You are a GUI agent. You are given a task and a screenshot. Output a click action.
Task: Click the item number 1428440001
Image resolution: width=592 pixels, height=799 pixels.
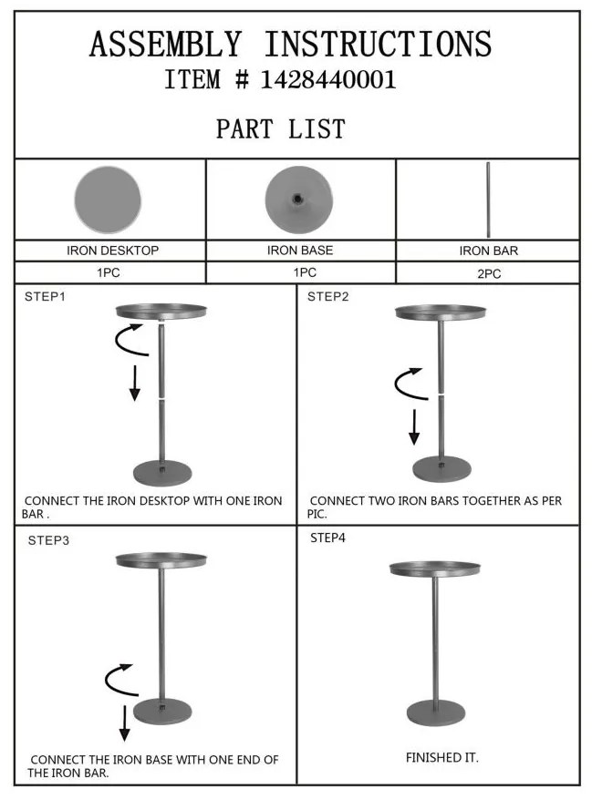pos(328,80)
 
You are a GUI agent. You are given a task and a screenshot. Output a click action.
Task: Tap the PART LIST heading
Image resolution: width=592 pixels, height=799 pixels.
pos(281,128)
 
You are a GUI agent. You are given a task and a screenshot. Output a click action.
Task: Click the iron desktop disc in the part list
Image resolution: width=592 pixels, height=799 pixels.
pos(108,200)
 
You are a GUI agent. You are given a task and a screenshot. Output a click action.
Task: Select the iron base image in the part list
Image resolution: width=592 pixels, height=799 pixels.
pos(299,200)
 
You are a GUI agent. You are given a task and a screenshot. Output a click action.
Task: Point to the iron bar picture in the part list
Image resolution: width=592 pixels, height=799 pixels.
pos(488,200)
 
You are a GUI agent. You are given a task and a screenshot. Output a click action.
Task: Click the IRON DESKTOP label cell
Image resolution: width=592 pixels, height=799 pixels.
pos(110,251)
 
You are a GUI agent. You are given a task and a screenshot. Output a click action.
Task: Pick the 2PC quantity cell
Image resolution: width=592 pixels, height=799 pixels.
pos(488,273)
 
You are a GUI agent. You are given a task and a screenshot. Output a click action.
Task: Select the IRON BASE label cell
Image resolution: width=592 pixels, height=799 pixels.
pos(301,251)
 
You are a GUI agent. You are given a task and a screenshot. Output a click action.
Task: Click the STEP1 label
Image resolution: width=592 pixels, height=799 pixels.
pos(45,297)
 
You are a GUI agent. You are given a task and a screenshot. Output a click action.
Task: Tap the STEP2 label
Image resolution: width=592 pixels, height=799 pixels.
pos(327,297)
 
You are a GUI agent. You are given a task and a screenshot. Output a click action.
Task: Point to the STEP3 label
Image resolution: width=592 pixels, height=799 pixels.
pos(48,540)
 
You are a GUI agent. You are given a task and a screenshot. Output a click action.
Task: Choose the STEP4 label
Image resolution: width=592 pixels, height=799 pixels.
pos(327,538)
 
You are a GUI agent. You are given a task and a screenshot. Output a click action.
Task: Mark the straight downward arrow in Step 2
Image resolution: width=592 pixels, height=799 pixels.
pos(414,427)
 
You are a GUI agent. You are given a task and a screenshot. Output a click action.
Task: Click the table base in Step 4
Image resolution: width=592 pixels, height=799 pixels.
pos(436,712)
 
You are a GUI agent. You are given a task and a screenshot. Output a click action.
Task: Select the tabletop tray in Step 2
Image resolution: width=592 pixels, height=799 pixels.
pos(441,312)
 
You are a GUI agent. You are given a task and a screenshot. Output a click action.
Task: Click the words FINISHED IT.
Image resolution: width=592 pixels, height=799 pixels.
pos(442,758)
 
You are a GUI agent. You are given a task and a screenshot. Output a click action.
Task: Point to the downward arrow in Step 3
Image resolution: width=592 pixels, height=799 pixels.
pos(124,723)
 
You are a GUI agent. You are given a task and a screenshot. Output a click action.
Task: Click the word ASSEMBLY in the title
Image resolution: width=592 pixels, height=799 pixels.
pos(165,44)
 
